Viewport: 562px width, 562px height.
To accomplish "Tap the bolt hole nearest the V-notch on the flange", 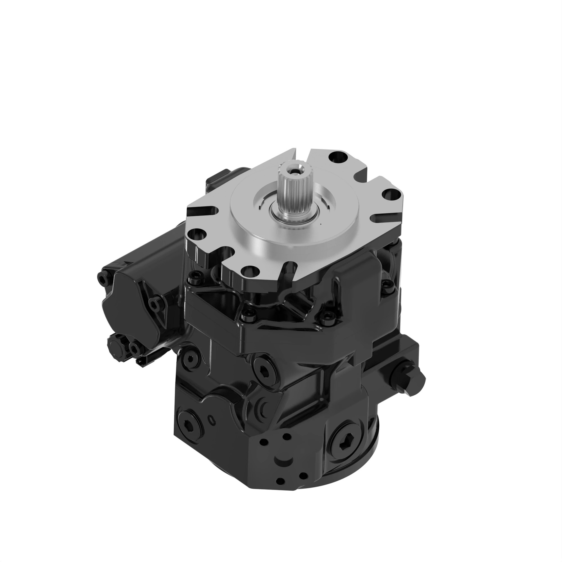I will coord(336,158).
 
